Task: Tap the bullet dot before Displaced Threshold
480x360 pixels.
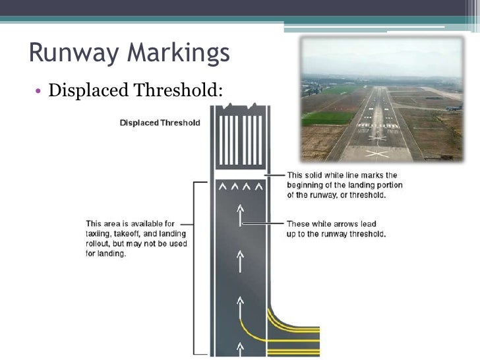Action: pyautogui.click(x=39, y=92)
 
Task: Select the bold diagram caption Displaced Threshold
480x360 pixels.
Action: pyautogui.click(x=160, y=123)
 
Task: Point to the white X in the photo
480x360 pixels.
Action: pyautogui.click(x=376, y=154)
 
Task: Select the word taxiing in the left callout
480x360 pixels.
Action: pyautogui.click(x=100, y=233)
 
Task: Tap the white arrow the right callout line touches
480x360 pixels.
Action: pyautogui.click(x=241, y=218)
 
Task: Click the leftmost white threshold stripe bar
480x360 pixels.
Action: pyautogui.click(x=222, y=140)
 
